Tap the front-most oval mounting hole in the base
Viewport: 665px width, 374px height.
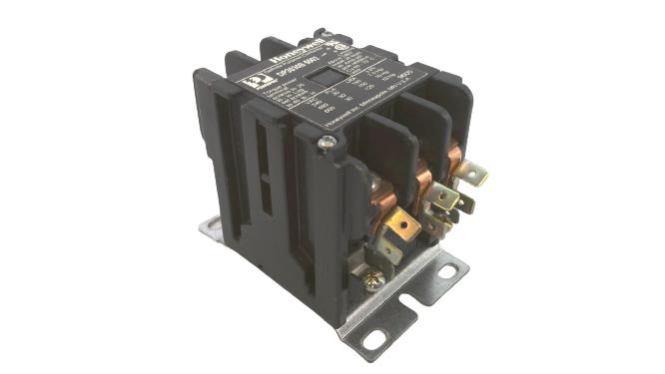[373, 338]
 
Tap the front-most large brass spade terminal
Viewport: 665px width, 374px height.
[400, 224]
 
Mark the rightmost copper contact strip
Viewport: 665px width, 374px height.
[457, 160]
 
